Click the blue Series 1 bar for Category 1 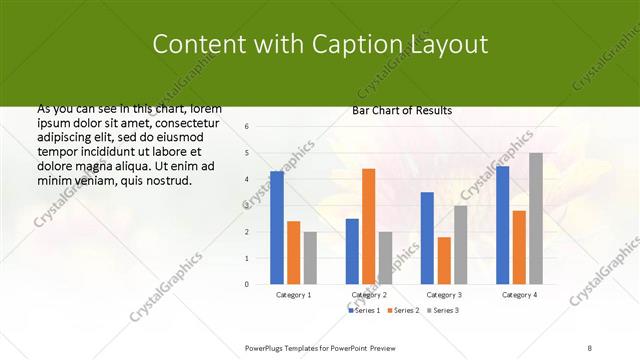(277, 227)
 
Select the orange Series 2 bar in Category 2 (368, 226)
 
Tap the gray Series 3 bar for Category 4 (536, 218)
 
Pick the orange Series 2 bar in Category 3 (444, 260)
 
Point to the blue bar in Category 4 (502, 225)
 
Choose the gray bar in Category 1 (310, 258)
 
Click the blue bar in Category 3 (427, 238)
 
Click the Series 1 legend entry (364, 311)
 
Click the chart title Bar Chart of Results (402, 110)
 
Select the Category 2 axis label (368, 295)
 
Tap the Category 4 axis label (519, 295)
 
